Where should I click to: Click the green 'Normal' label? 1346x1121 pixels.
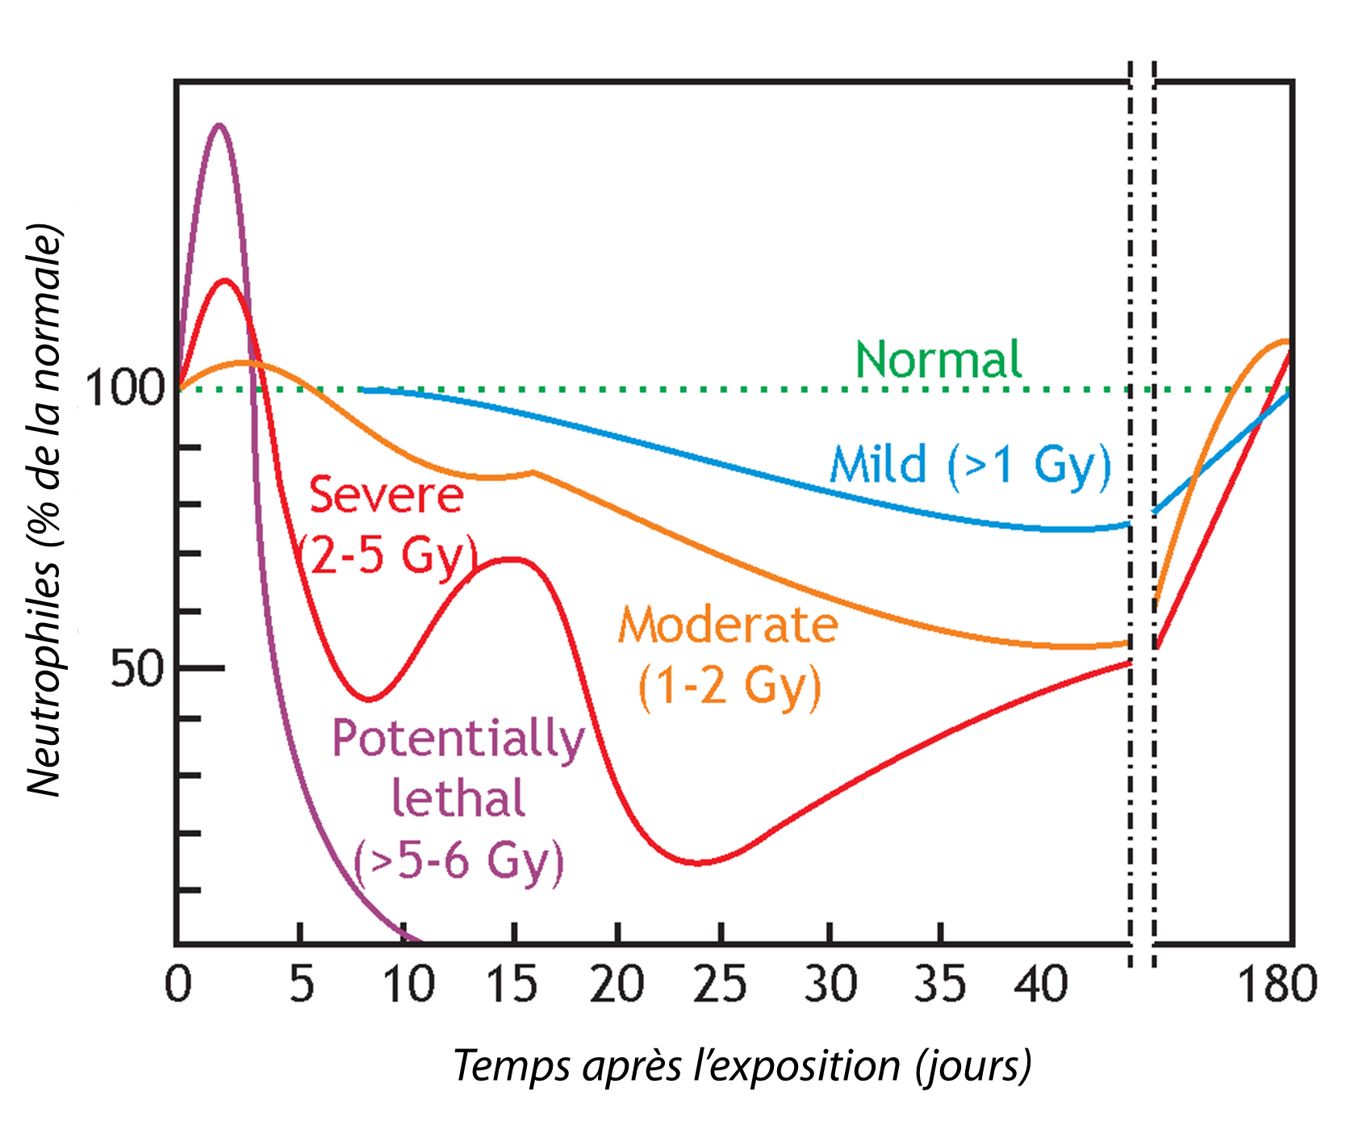938,360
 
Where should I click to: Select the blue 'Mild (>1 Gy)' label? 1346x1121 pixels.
971,466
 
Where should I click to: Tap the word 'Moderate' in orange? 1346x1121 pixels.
728,625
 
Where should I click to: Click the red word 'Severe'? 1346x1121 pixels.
386,495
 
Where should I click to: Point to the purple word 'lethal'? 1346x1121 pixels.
458,799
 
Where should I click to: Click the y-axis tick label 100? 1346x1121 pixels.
125,388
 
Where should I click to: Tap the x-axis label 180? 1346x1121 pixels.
1276,985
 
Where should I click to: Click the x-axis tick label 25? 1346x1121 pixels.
720,985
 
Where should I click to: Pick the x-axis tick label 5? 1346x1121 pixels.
301,985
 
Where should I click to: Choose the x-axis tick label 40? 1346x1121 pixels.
1041,985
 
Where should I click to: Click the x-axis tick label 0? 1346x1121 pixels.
178,985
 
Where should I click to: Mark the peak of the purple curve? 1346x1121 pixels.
219,125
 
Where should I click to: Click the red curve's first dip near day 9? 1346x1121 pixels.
369,699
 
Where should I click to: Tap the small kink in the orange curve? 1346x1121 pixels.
533,472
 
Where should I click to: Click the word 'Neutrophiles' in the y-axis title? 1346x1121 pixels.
44,678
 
